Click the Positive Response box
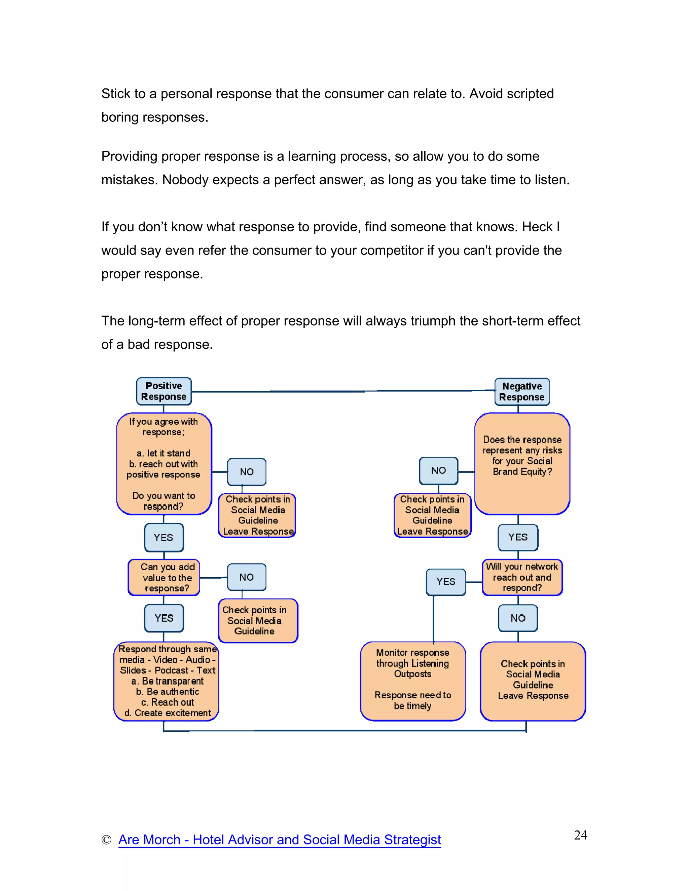(164, 391)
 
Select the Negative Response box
(522, 392)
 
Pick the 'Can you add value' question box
(164, 577)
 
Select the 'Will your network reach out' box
(522, 577)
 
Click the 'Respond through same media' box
(167, 681)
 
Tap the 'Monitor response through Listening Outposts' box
(413, 681)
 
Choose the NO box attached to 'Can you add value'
(247, 577)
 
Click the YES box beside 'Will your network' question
(446, 582)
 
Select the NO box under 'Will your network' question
(518, 618)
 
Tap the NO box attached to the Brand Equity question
(438, 471)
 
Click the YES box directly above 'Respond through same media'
(164, 618)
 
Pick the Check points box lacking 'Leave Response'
(258, 621)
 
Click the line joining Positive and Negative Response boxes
(343, 391)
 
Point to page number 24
(580, 835)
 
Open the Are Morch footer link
(280, 840)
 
